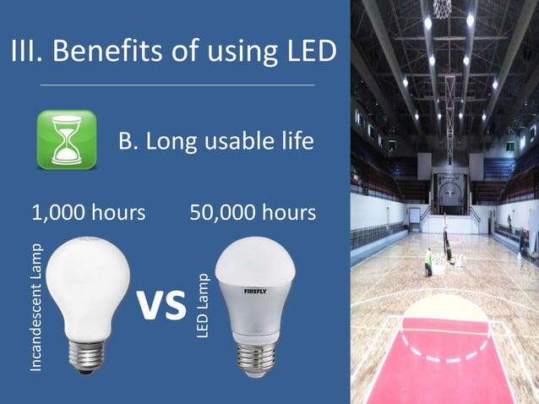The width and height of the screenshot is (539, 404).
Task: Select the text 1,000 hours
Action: (88, 212)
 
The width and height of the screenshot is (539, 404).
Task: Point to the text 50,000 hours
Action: (253, 212)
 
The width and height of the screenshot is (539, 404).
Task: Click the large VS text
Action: (161, 305)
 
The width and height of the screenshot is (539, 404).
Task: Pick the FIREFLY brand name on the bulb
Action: (256, 291)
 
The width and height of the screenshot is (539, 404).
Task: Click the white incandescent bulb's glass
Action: (87, 279)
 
